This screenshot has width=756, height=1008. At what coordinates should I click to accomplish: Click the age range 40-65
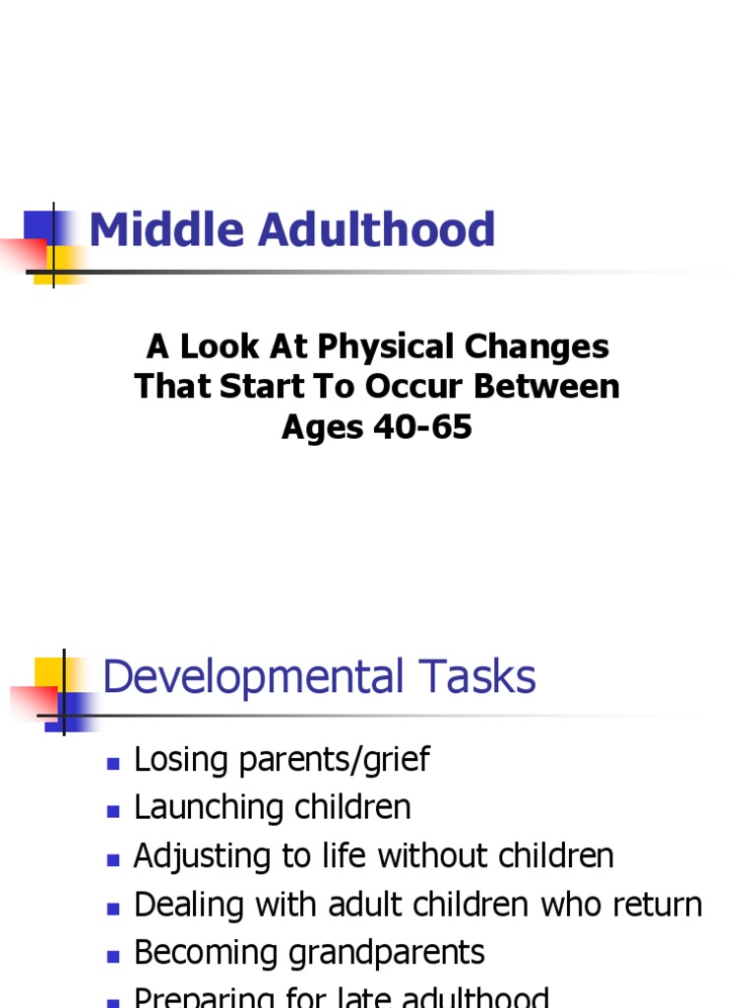[x=420, y=427]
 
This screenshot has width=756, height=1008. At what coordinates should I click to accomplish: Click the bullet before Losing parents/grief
[x=113, y=763]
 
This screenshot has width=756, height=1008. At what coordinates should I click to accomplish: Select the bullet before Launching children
[x=113, y=811]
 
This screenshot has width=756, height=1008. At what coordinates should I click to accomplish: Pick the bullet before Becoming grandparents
[x=113, y=956]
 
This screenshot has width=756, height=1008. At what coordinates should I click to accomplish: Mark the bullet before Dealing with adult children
[x=113, y=908]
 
